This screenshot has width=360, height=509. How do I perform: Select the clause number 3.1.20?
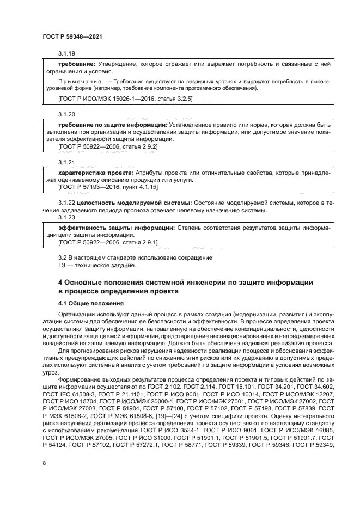[x=66, y=115]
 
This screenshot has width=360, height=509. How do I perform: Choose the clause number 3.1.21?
[x=66, y=163]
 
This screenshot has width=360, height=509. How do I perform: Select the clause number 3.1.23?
[x=66, y=217]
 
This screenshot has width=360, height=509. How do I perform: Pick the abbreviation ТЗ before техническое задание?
[x=62, y=265]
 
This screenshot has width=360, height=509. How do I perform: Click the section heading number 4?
[x=60, y=282]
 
